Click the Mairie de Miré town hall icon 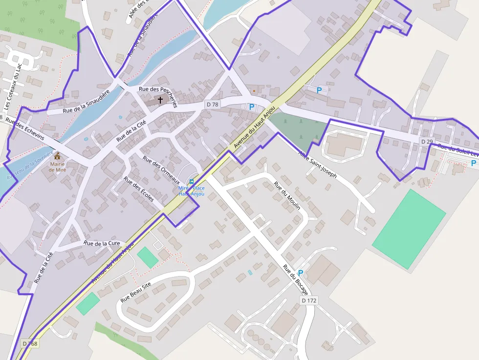[x=58, y=156]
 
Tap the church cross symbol [x=160, y=100]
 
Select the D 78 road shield [x=213, y=104]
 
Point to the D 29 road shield [x=427, y=141]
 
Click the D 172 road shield [x=309, y=300]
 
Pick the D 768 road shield [x=30, y=344]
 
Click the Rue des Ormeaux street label [x=161, y=169]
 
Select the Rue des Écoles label [x=139, y=189]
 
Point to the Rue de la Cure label [x=102, y=243]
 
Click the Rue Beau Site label [x=136, y=291]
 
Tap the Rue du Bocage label [x=296, y=280]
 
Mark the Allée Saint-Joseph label [x=318, y=165]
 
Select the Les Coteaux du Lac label [x=13, y=87]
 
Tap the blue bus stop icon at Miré [x=191, y=181]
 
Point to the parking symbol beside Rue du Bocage [x=301, y=273]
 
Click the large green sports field [x=409, y=229]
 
